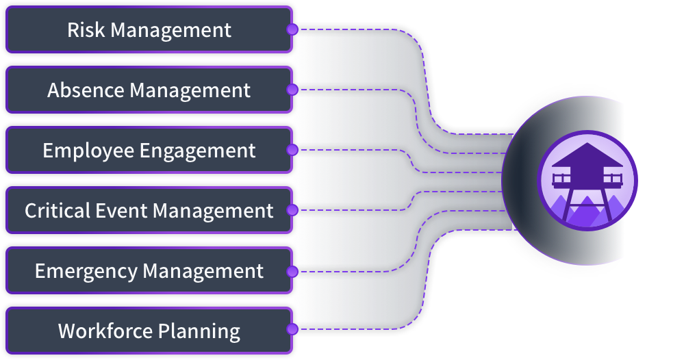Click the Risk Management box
click(149, 30)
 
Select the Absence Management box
click(149, 90)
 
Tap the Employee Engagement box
click(149, 151)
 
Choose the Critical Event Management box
click(149, 210)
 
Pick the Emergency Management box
click(149, 270)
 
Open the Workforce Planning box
click(149, 331)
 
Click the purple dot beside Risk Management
click(292, 30)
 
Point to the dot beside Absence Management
click(292, 90)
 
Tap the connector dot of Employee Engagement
click(292, 150)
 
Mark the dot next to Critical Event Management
click(292, 210)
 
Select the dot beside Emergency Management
click(292, 271)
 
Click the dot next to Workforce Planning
click(292, 330)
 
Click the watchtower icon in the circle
click(587, 181)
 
